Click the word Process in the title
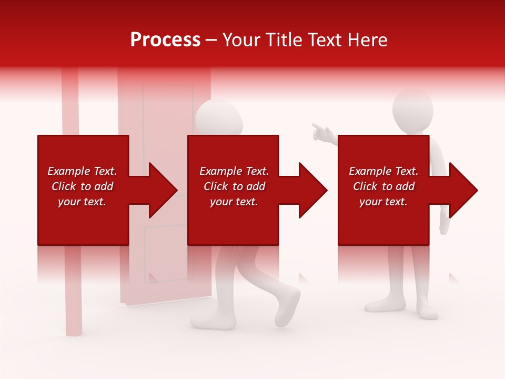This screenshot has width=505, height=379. [x=165, y=40]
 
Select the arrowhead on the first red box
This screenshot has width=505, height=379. [x=161, y=190]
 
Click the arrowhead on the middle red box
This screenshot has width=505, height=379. [x=311, y=190]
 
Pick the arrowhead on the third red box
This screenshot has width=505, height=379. [x=462, y=190]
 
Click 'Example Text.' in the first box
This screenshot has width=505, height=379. [x=82, y=171]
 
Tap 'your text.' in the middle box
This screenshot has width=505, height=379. [x=234, y=202]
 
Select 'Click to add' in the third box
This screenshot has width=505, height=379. [x=383, y=186]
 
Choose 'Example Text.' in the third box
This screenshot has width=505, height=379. [x=383, y=171]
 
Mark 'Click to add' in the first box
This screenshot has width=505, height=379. [x=82, y=186]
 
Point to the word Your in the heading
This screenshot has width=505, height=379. [x=243, y=40]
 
